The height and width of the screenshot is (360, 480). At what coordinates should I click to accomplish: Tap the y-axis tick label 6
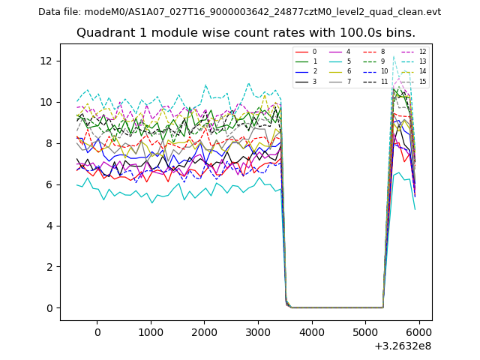tap(49, 184)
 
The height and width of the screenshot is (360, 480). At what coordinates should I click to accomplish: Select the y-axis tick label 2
tap(49, 267)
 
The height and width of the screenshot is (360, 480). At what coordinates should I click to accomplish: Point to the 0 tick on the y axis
tap(49, 308)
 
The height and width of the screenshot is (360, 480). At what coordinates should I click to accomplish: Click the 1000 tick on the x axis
tap(151, 332)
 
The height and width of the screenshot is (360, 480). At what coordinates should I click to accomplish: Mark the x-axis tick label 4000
tap(312, 332)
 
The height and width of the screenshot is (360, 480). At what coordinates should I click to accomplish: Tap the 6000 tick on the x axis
tap(419, 332)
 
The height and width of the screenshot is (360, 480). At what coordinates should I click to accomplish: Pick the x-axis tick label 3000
tap(258, 332)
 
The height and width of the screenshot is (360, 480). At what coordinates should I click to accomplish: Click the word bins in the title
tap(401, 33)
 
